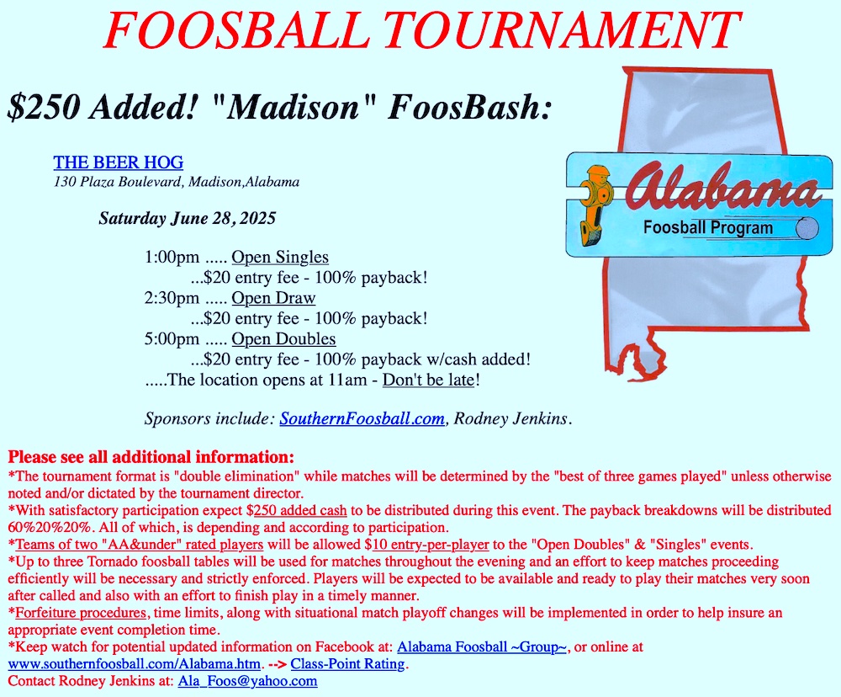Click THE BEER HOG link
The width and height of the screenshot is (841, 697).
click(119, 162)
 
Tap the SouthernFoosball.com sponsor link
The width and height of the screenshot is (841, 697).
click(362, 418)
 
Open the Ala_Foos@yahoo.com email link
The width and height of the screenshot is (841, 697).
click(248, 681)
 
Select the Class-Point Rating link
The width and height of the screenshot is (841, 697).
click(347, 663)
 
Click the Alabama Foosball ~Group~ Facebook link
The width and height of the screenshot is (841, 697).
click(482, 646)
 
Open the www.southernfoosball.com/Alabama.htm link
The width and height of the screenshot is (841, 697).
click(134, 663)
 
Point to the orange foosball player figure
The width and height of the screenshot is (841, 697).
click(595, 205)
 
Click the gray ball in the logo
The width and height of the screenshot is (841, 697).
click(807, 228)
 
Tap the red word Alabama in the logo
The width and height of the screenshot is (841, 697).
click(722, 188)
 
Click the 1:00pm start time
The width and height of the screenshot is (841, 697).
click(172, 258)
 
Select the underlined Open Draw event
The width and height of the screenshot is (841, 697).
click(273, 298)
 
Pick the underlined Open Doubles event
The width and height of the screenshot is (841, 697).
click(283, 339)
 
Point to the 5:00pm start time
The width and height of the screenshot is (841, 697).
click(172, 339)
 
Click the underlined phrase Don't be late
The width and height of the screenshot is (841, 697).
click(429, 380)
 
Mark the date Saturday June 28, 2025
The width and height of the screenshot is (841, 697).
click(188, 218)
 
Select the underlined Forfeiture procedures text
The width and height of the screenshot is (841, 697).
click(81, 613)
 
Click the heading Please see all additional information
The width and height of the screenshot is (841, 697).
click(151, 457)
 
